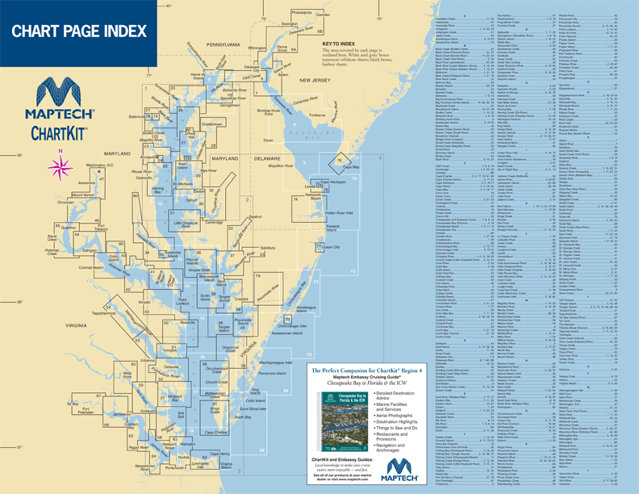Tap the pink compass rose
pos(59,166)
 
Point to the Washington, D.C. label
pos(102,165)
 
